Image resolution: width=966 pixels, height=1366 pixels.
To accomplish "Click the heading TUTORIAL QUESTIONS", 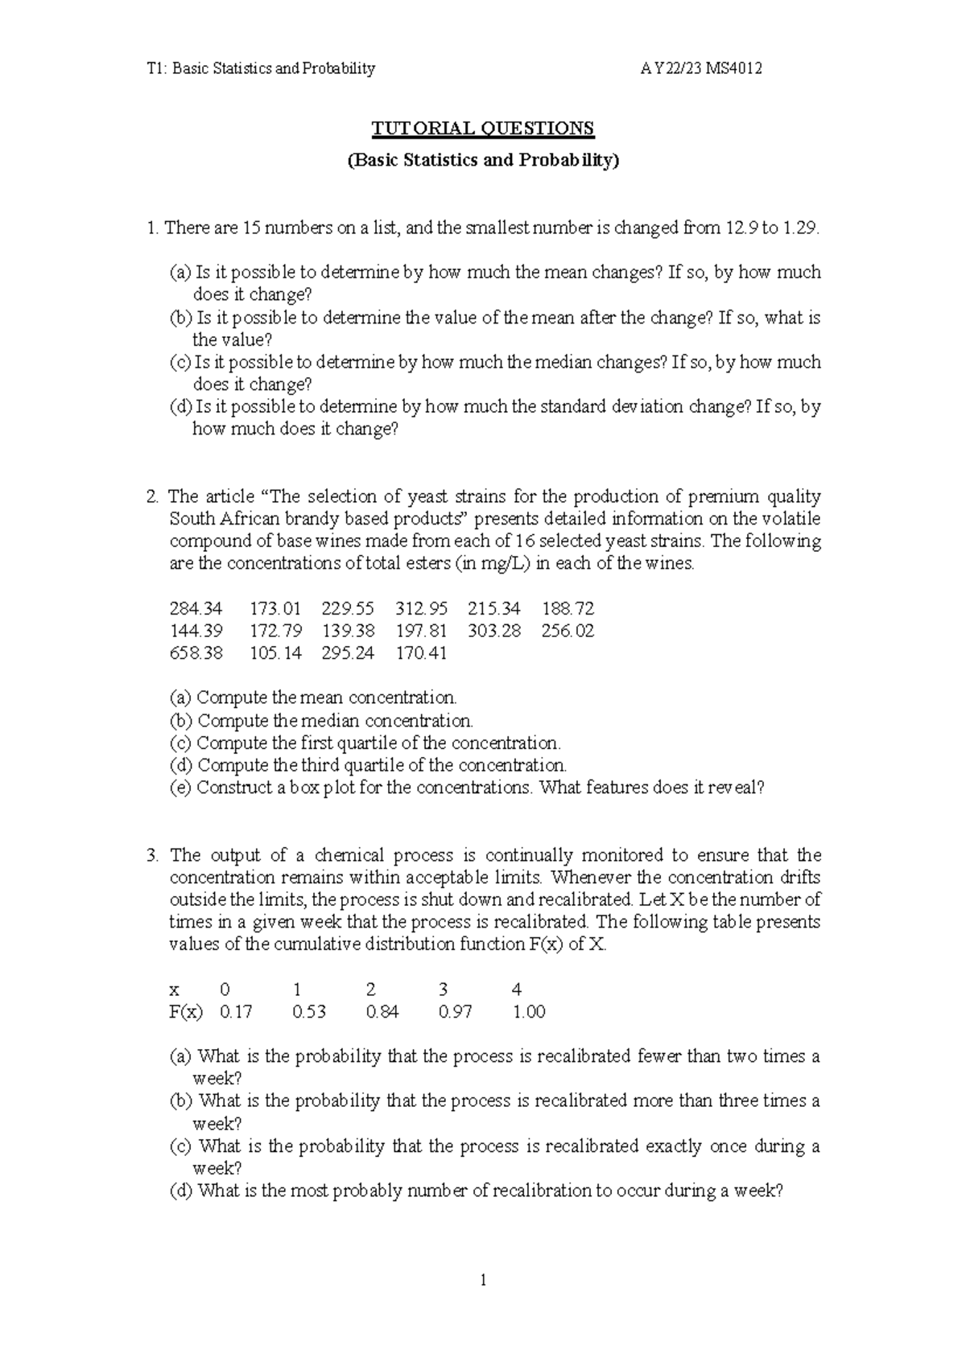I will tap(482, 128).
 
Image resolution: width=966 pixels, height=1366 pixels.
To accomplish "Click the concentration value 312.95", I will tap(421, 608).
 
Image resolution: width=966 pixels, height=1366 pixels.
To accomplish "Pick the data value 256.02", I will tap(568, 631).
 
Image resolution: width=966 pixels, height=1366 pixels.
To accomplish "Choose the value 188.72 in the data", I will tap(568, 608).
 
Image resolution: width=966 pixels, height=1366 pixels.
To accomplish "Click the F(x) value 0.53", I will tap(309, 1012).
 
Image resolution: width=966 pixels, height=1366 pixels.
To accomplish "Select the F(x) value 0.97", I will tap(456, 1012).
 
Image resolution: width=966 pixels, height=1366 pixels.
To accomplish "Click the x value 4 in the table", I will tap(517, 990).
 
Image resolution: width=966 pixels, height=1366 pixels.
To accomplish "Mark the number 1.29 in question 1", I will tap(800, 228).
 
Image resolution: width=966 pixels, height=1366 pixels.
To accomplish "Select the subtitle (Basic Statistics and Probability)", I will tap(482, 160).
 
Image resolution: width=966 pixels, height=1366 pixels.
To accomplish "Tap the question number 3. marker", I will tap(153, 855).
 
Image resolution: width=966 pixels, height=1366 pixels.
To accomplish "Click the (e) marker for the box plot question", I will tap(180, 788).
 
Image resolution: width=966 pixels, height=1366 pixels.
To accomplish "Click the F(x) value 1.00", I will tap(529, 1012).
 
